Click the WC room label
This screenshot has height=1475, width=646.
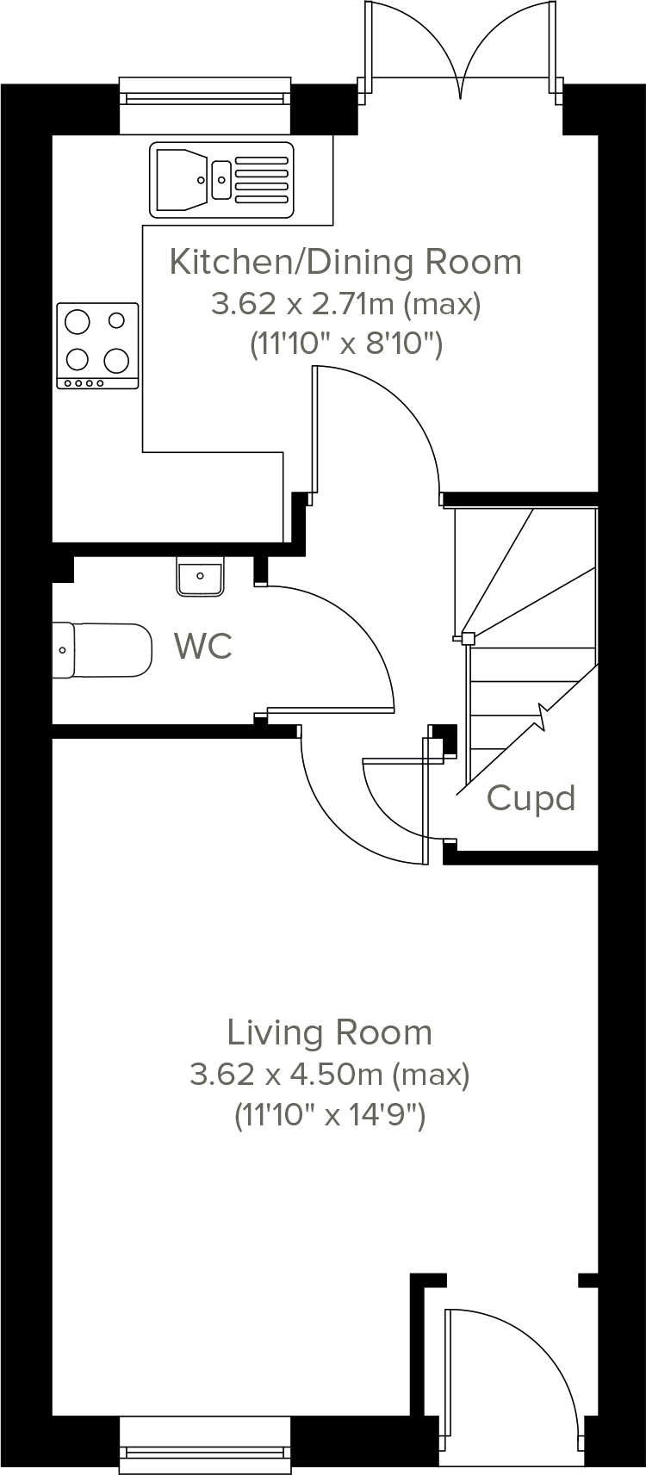[x=202, y=646]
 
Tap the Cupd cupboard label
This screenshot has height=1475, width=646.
[x=531, y=798]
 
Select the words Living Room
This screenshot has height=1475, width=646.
[x=329, y=1032]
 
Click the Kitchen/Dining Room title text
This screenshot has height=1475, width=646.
[x=345, y=262]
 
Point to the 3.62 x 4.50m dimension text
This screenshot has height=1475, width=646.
[x=329, y=1075]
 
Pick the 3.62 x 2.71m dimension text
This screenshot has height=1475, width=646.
[x=345, y=304]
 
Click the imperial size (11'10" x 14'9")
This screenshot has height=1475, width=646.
[x=329, y=1116]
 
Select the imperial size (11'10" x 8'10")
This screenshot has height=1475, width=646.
[x=345, y=345]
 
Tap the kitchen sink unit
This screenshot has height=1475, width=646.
[x=221, y=180]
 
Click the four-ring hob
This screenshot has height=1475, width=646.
[x=97, y=345]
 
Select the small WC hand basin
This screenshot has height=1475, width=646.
[x=201, y=576]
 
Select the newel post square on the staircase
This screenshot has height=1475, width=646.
[x=468, y=638]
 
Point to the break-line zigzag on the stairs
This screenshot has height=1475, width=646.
[x=542, y=715]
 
